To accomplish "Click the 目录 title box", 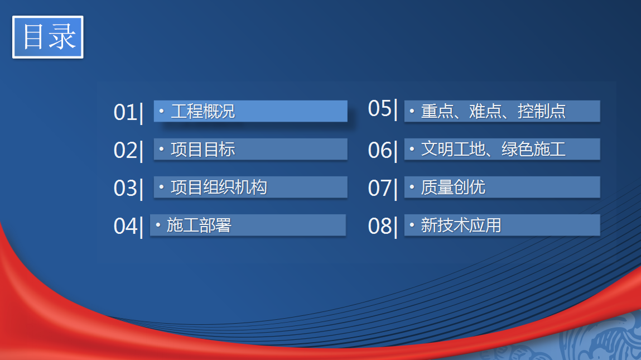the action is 48,37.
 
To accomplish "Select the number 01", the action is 126,112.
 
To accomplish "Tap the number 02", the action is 126,150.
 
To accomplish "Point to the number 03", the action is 126,188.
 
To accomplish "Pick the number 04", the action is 126,226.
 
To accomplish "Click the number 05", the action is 380,108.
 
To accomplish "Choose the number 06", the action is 380,150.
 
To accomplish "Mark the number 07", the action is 380,188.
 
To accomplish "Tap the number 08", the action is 380,226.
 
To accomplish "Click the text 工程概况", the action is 203,111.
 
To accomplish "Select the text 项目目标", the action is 203,150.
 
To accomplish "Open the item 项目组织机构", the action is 219,188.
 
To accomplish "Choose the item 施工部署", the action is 199,225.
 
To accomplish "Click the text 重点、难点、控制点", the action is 493,111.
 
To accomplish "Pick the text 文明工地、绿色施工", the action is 493,150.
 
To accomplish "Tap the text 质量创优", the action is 454,188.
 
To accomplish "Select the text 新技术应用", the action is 461,225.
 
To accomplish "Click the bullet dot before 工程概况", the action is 161,111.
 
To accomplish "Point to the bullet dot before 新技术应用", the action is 412,224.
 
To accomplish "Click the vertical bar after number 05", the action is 396,109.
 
